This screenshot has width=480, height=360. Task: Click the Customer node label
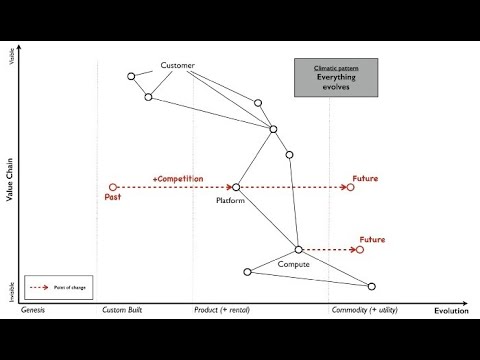pos(178,66)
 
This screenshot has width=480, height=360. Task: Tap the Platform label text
pos(231,201)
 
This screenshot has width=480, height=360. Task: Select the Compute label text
pos(293,264)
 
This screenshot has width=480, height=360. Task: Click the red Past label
pos(113,197)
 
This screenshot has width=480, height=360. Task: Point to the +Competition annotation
pos(178,179)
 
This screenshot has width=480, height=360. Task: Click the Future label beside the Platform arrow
pos(365,179)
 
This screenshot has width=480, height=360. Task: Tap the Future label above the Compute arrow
pos(372,240)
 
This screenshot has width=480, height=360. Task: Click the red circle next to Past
pos(113,186)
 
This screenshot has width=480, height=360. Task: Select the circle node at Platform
pos(236,187)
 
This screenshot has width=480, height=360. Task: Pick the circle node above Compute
pos(299,249)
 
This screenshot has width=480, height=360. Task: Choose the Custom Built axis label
pos(123,311)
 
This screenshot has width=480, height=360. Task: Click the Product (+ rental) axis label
pos(222,311)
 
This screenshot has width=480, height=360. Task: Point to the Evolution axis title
pos(451,312)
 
